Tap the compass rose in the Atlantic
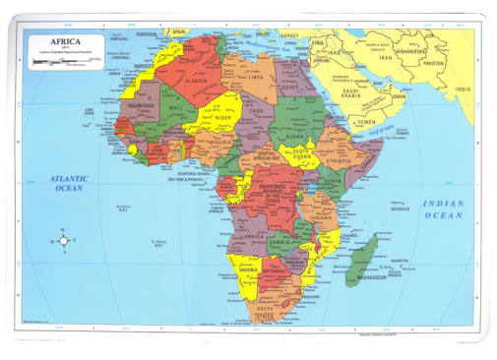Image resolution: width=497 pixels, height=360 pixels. tap(64, 239)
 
